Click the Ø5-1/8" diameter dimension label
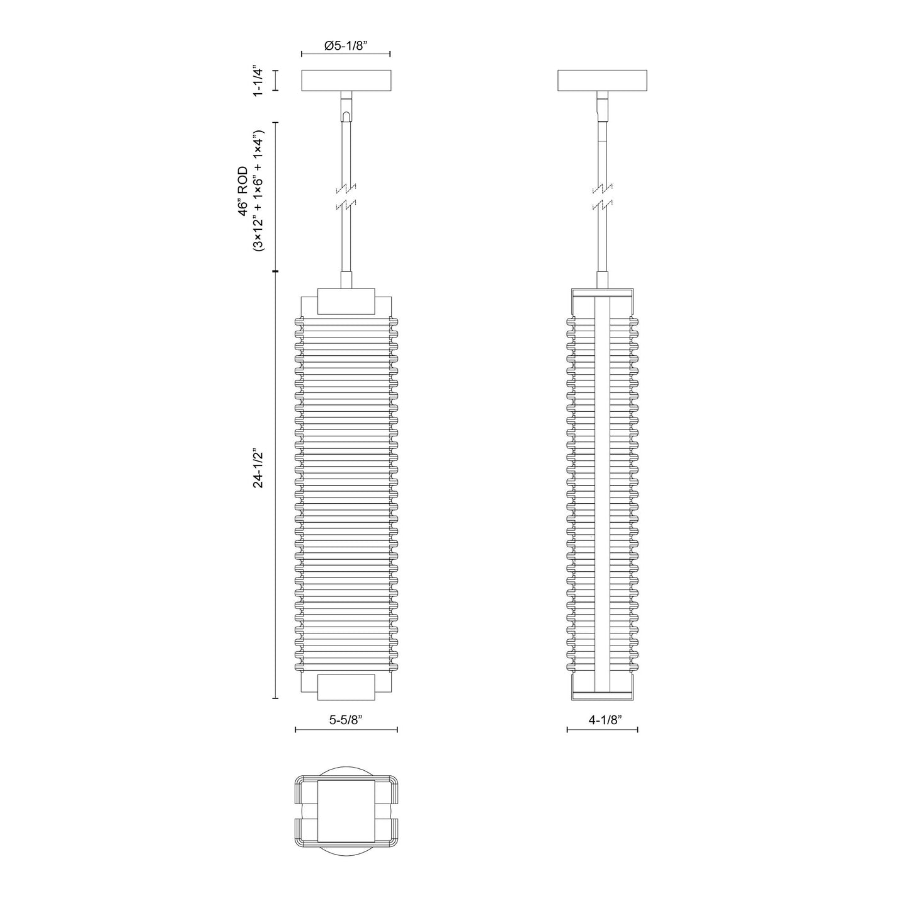click(346, 45)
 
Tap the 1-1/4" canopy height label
click(257, 81)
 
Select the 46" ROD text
click(243, 191)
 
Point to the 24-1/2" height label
click(257, 469)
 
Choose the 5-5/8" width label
click(346, 720)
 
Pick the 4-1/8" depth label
click(605, 720)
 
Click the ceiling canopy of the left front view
click(346, 80)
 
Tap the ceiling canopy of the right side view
click(603, 80)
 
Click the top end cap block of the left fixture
click(346, 302)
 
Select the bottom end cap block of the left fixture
click(346, 687)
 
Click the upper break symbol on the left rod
click(346, 188)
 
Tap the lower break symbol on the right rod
click(603, 205)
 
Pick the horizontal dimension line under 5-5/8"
click(346, 730)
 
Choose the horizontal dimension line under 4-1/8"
click(603, 730)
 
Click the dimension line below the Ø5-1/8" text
click(346, 55)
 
